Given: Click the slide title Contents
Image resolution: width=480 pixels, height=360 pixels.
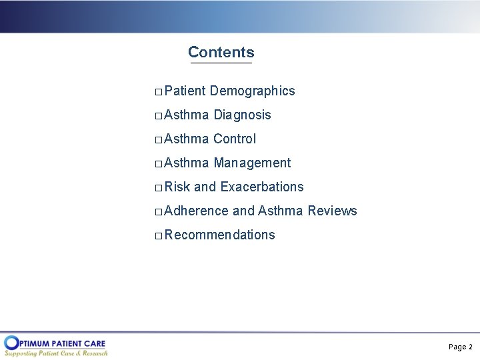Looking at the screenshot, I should tap(221, 52).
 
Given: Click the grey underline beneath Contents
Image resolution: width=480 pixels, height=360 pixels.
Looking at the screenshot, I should tap(221, 63).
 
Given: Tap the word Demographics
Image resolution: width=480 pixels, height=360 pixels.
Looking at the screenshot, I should tap(252, 91).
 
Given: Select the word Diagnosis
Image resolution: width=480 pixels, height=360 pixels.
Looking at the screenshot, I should tap(242, 115).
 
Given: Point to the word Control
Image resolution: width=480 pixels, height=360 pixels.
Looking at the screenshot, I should tap(235, 139).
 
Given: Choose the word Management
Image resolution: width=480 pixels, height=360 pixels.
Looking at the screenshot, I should tap(252, 163).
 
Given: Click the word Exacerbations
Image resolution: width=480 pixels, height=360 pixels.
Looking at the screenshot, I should tap(261, 187).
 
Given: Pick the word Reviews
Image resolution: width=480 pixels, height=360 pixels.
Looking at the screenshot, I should tap(332, 211).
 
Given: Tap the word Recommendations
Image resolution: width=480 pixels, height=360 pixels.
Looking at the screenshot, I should tap(219, 235).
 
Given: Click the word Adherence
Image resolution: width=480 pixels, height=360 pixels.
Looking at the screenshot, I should tap(196, 211).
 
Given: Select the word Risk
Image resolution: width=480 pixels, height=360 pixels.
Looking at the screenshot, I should tap(177, 187).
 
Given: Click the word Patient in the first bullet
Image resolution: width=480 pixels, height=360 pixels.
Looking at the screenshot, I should tap(185, 91).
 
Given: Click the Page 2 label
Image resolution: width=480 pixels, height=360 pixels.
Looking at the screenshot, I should tap(460, 347).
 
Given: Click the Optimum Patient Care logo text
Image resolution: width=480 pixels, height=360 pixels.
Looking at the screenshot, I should tap(63, 343).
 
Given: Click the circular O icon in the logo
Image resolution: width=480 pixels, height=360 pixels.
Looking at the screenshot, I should tap(11, 343).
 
